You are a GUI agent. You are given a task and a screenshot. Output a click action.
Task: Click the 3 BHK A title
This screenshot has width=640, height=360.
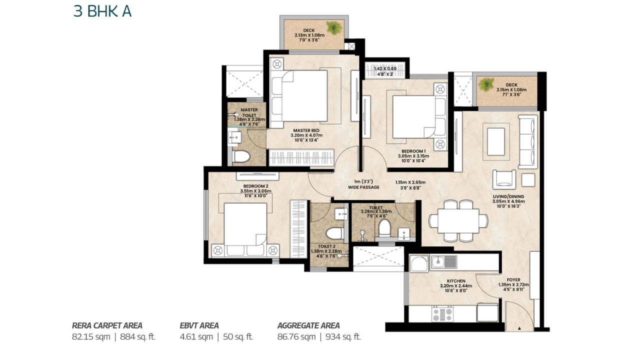click(102, 11)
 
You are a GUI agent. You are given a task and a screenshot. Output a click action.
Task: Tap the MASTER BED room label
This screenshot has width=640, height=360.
click(306, 130)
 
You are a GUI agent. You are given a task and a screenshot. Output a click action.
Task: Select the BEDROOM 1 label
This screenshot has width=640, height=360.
click(413, 151)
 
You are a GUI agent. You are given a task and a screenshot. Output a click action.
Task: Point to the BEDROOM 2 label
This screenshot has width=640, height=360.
click(255, 186)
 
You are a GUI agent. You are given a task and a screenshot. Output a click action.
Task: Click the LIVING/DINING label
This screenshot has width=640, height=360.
click(508, 196)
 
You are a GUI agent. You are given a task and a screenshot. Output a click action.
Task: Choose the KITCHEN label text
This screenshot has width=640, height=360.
click(456, 281)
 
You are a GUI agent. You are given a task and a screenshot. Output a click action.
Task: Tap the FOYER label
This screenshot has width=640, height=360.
click(513, 279)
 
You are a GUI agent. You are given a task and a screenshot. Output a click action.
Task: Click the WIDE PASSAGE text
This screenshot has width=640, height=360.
click(363, 187)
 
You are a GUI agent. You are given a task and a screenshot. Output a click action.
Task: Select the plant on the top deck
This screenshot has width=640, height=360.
click(334, 28)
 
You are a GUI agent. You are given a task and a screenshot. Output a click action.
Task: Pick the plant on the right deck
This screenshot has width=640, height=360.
click(486, 84)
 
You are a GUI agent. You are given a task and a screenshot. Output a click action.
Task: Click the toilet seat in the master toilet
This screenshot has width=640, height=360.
click(241, 157)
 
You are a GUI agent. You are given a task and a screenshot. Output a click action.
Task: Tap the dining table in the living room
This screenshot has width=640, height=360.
click(458, 221)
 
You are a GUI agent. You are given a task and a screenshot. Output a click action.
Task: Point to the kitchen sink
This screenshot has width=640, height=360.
click(443, 262)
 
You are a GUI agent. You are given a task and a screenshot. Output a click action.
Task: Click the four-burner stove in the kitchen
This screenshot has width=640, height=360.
click(442, 313)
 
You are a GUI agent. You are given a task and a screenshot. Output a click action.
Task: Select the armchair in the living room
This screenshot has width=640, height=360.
click(504, 179)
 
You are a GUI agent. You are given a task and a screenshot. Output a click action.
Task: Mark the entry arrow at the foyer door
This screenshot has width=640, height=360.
click(519, 328)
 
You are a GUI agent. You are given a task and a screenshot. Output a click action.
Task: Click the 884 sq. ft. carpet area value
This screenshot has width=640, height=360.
click(137, 337)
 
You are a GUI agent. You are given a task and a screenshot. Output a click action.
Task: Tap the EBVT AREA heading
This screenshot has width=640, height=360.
click(199, 325)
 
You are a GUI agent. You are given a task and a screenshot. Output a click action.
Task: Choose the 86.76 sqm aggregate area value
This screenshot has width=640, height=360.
click(296, 337)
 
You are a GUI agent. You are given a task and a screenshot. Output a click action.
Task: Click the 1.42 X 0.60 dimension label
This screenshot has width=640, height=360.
click(385, 68)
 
